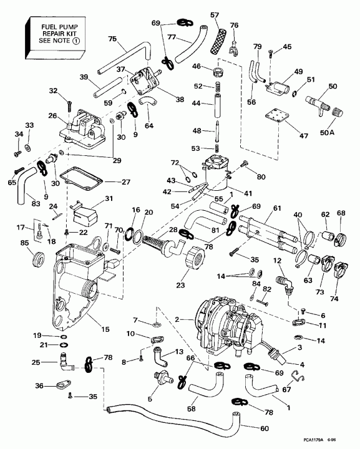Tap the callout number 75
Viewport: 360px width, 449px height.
pyautogui.click(x=112, y=39)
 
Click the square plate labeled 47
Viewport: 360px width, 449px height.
pyautogui.click(x=273, y=118)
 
